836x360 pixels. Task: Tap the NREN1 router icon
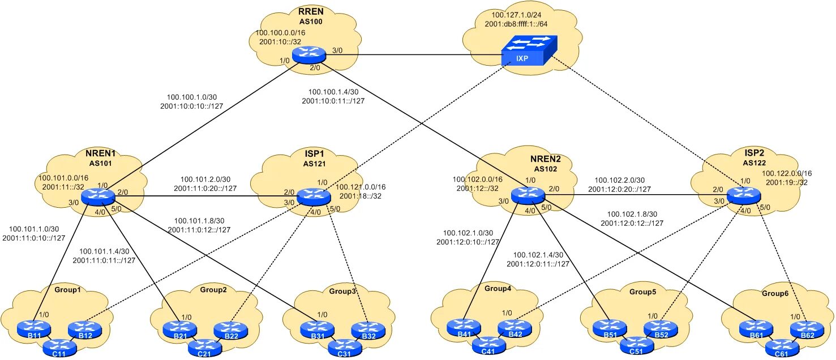97,196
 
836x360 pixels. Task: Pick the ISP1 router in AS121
314,196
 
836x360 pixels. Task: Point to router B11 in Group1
33,328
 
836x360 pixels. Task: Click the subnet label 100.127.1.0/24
516,15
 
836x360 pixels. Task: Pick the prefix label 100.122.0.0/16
787,173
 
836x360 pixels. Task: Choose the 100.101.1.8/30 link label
199,220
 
